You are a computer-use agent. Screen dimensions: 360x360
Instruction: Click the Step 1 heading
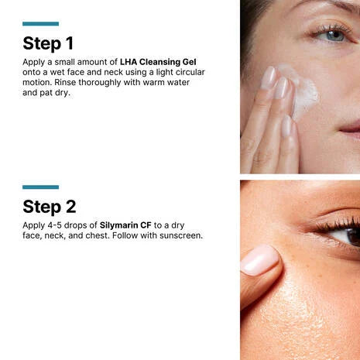50,43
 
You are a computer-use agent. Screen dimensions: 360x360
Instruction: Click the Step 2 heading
50,206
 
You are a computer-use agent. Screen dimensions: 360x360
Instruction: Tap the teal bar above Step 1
40,24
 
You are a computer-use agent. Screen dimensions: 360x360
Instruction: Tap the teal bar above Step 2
40,187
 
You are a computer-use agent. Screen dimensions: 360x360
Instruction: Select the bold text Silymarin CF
125,225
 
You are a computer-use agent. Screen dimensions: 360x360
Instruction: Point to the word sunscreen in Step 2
180,235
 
